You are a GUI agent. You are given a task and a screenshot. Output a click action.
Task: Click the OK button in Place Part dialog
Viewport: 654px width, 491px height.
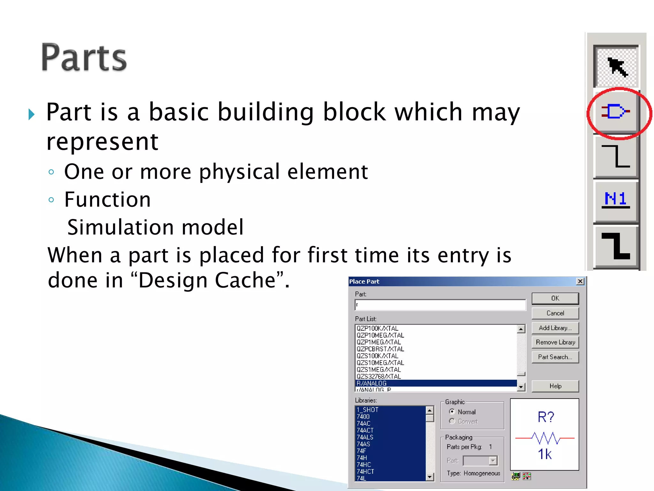click(x=555, y=298)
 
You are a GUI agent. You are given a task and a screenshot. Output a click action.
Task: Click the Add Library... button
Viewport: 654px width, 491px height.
click(x=555, y=328)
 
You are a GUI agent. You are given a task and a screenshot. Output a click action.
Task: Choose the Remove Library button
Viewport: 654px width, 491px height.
click(x=555, y=342)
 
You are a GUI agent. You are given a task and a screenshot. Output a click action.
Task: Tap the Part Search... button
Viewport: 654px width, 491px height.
click(x=555, y=357)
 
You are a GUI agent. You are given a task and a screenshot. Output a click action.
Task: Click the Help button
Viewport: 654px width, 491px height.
click(x=555, y=386)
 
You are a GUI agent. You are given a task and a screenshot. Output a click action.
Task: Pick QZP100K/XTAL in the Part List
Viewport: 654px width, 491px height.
click(x=377, y=329)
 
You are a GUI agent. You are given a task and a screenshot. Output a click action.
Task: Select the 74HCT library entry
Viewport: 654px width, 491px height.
click(x=365, y=472)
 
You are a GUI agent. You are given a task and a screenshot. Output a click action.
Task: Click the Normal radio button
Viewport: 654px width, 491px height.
click(x=452, y=412)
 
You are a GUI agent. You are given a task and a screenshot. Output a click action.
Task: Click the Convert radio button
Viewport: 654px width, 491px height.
click(x=452, y=421)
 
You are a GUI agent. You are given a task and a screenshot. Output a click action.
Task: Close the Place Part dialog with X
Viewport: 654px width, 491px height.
click(x=580, y=281)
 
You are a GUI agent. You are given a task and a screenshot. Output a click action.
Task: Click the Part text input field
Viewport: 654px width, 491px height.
click(x=440, y=305)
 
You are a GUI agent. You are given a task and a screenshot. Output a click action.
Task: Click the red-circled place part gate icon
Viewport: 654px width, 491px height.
click(x=615, y=112)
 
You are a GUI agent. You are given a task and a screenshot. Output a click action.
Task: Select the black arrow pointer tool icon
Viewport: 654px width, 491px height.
click(x=617, y=66)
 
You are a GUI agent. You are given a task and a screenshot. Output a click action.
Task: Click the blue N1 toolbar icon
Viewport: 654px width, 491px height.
click(x=615, y=199)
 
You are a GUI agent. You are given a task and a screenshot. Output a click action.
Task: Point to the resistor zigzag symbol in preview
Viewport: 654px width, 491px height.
click(x=545, y=438)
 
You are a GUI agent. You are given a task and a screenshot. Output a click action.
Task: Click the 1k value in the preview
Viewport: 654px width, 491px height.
click(x=544, y=454)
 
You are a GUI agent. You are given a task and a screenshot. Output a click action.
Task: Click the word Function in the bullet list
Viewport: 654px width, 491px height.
click(x=107, y=199)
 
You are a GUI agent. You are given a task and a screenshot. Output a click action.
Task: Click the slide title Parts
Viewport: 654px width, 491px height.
click(x=84, y=58)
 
